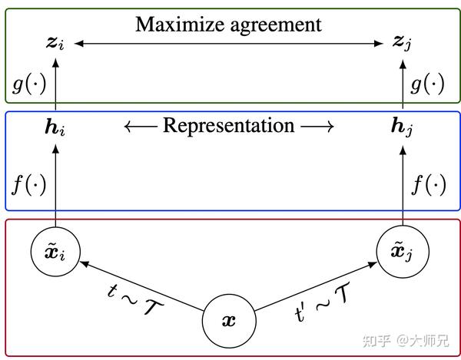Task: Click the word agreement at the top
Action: pyautogui.click(x=276, y=26)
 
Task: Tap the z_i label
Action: pyautogui.click(x=55, y=44)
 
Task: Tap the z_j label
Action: pyautogui.click(x=402, y=43)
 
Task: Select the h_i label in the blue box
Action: pyautogui.click(x=55, y=127)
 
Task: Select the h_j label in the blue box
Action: pyautogui.click(x=402, y=127)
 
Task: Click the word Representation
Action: pyautogui.click(x=229, y=126)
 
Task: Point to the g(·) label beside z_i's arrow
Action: pyautogui.click(x=29, y=84)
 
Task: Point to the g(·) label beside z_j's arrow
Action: pyautogui.click(x=427, y=84)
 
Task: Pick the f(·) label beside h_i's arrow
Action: pyautogui.click(x=29, y=184)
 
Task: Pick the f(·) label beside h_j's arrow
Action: pyautogui.click(x=429, y=184)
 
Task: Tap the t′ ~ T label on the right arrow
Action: pyautogui.click(x=322, y=302)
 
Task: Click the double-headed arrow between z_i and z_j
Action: pyautogui.click(x=229, y=44)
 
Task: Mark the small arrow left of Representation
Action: pyautogui.click(x=141, y=127)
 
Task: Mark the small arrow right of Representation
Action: pyautogui.click(x=317, y=127)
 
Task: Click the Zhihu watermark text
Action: pyautogui.click(x=406, y=341)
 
